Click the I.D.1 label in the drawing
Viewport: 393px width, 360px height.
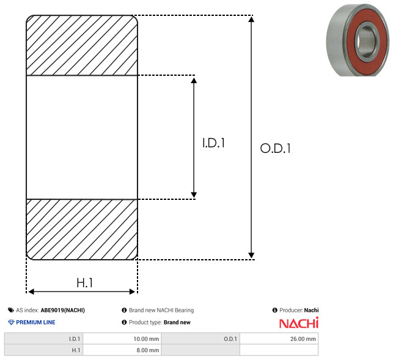[x=213, y=143]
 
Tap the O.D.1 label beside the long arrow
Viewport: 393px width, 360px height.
[x=276, y=148]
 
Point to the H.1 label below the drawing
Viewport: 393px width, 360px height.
[x=85, y=283]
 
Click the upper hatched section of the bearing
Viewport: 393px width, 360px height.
[x=82, y=45]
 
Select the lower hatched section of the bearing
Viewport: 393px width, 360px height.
[x=82, y=229]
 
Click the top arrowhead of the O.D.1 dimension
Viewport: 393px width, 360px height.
[x=251, y=19]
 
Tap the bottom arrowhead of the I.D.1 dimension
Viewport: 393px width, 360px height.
[x=194, y=195]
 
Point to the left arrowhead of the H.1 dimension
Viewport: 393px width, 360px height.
[x=31, y=292]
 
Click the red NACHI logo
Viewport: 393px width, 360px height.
[x=299, y=323]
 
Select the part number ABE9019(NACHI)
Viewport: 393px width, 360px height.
[x=63, y=310]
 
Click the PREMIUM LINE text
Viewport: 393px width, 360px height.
[x=35, y=322]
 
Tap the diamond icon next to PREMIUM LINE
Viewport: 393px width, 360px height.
[x=11, y=322]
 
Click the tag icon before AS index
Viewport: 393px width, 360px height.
[x=11, y=310]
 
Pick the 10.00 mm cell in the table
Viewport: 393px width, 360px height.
[x=122, y=339]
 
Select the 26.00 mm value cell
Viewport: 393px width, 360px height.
[x=279, y=339]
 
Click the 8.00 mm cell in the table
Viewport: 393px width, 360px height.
[x=122, y=350]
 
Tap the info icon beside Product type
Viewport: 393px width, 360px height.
[x=124, y=322]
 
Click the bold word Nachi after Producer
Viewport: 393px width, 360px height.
[x=311, y=310]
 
